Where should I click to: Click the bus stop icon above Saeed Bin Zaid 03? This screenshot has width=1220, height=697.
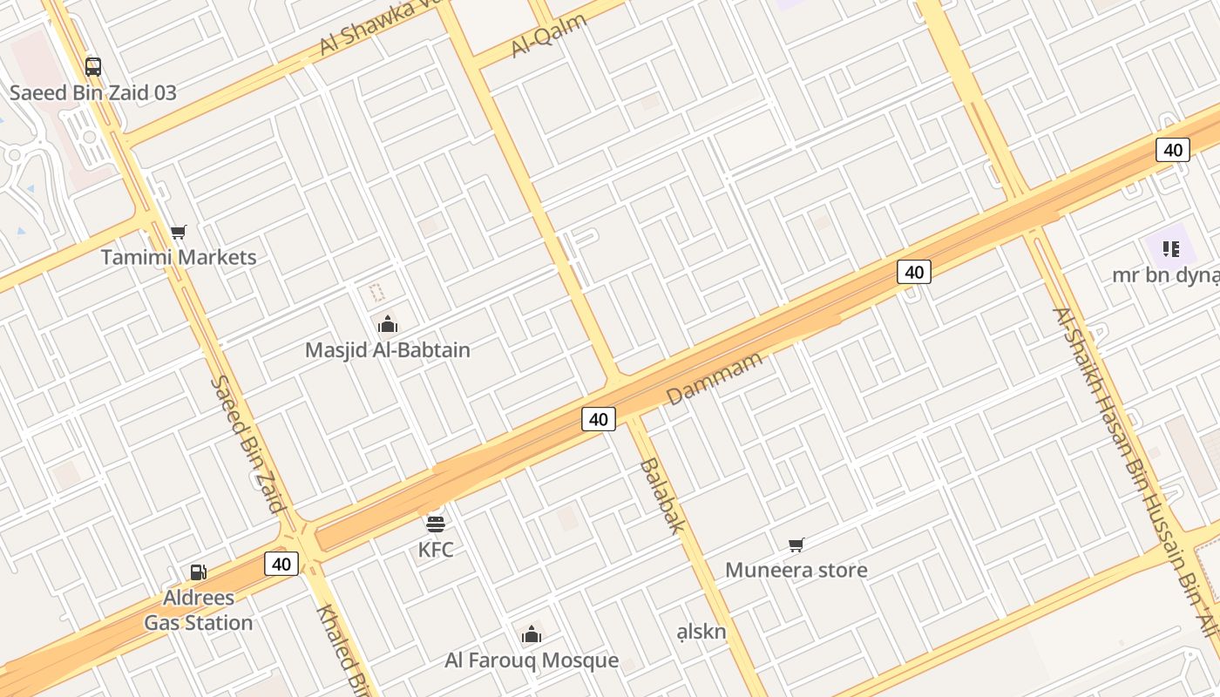pos(92,66)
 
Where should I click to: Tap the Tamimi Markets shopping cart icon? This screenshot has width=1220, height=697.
pos(179,232)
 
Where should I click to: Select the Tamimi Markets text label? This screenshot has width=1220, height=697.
pos(179,257)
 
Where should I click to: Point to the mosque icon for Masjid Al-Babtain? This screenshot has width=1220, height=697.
pos(388,325)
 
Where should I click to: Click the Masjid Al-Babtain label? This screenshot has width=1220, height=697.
pos(388,350)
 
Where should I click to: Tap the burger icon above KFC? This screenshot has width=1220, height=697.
pos(436,523)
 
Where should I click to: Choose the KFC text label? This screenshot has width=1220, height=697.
pos(436,550)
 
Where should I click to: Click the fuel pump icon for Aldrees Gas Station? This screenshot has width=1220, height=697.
pos(199,572)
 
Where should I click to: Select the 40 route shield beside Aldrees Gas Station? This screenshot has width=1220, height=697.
pos(281,564)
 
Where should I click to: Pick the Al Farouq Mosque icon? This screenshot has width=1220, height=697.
pos(532,634)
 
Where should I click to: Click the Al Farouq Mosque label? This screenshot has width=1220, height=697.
pos(532,660)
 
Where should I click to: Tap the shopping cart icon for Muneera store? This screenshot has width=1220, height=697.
pos(796,545)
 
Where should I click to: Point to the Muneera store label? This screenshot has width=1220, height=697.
pos(796,571)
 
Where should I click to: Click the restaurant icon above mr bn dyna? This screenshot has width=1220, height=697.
pos(1170,249)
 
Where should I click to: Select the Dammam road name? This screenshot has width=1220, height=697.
pos(715,378)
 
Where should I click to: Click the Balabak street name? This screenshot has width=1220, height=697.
pos(662,495)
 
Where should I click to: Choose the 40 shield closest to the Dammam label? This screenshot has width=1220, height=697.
pos(599,419)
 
